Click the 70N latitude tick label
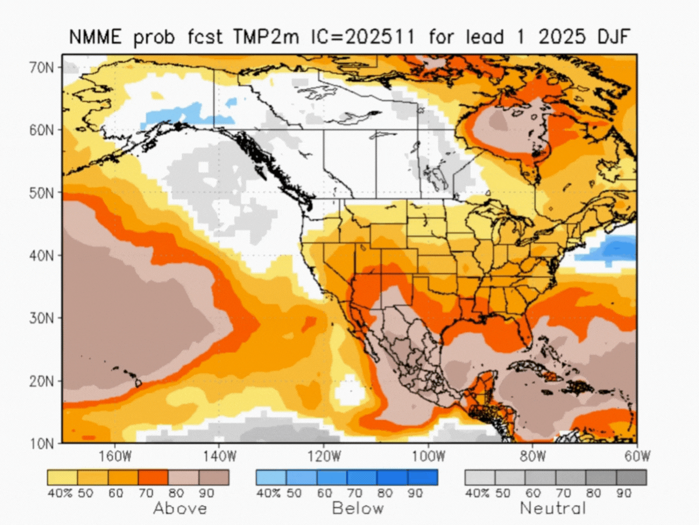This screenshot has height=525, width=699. pos(43,67)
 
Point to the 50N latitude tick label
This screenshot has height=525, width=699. pos(43,192)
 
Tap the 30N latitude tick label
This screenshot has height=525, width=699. pos(43,318)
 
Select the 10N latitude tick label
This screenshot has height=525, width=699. pos(43,443)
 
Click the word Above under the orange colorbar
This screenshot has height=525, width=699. pos(179,508)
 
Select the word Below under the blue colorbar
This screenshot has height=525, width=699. pos(358,508)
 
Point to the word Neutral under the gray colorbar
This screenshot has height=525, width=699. pos(553,508)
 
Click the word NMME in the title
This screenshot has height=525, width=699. pos(94,37)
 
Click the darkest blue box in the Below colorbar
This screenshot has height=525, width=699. pos(422,477)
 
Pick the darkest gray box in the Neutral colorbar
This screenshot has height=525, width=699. pos(631,477)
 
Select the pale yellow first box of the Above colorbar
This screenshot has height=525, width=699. pos(62,477)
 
